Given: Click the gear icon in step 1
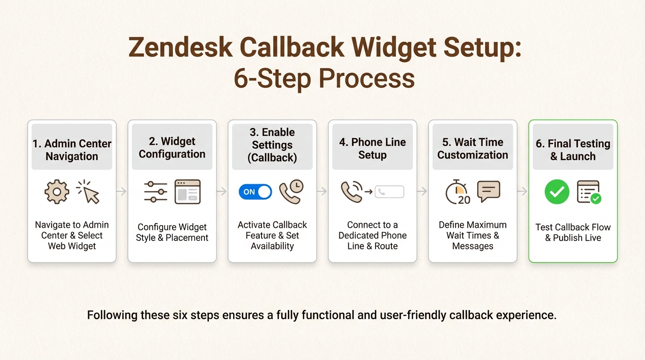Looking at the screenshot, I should coord(57,192).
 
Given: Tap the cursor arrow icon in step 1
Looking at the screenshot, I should coord(89,192).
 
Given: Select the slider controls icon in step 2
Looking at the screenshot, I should coord(156,192).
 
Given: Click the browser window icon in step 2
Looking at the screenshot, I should coord(187,192).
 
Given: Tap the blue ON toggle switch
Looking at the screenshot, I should coord(255,192).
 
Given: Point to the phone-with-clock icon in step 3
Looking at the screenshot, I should coord(291,192).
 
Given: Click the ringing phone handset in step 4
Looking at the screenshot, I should coord(352,192).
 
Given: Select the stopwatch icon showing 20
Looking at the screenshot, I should coord(457,192).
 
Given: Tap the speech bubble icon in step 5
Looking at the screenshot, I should coord(488,191).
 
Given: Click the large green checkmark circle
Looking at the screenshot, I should coord(557,192).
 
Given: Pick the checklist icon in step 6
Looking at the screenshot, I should coord(589,192).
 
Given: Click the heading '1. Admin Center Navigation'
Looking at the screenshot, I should coord(72,150).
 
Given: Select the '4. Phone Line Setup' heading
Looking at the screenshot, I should coord(372,149).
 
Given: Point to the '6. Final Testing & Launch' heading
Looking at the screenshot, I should coord(573,150).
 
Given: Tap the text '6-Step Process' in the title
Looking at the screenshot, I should coord(324,78).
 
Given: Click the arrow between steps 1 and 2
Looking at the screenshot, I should coord(122,191).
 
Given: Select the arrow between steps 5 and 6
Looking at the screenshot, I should coord(523,191).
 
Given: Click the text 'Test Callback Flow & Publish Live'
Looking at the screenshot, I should coord(573,232).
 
